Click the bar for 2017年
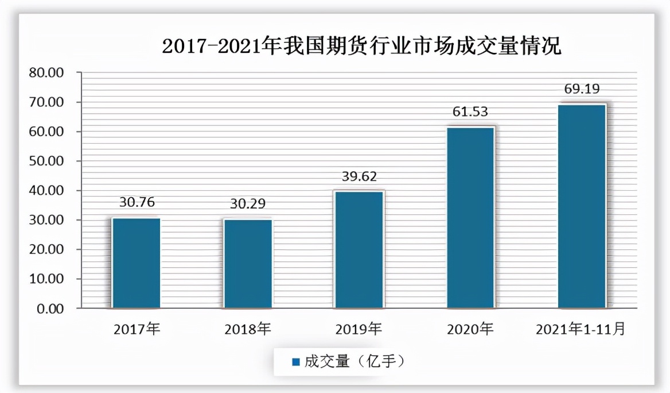coord(136,263)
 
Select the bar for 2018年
coord(248,264)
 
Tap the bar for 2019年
coord(359,250)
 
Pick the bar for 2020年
coord(470,218)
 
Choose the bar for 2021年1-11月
coord(582,206)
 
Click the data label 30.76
coord(137,202)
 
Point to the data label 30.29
coord(248,204)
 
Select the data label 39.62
coord(360,176)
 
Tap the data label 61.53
coord(470,112)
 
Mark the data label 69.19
coord(582,90)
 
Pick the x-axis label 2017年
coord(137,329)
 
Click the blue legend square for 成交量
coord(296,362)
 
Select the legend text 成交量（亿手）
coord(355,362)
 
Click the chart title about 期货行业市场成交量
coord(361,46)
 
